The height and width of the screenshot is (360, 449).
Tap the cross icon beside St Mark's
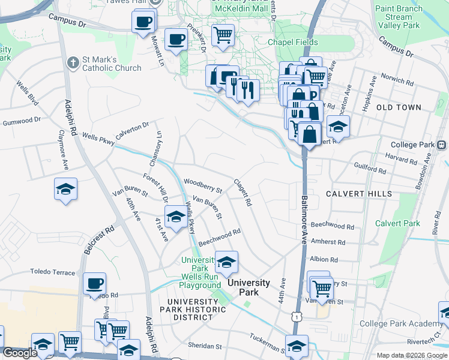tap(73, 62)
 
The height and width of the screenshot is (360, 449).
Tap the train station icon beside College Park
tap(442, 145)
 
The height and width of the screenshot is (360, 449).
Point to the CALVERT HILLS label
tap(359, 194)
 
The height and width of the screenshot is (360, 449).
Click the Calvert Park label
tap(397, 223)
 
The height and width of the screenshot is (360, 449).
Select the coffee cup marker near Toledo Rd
tap(94, 283)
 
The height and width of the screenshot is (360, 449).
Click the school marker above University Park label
tap(226, 262)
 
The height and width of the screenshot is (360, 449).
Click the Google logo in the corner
tap(20, 353)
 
